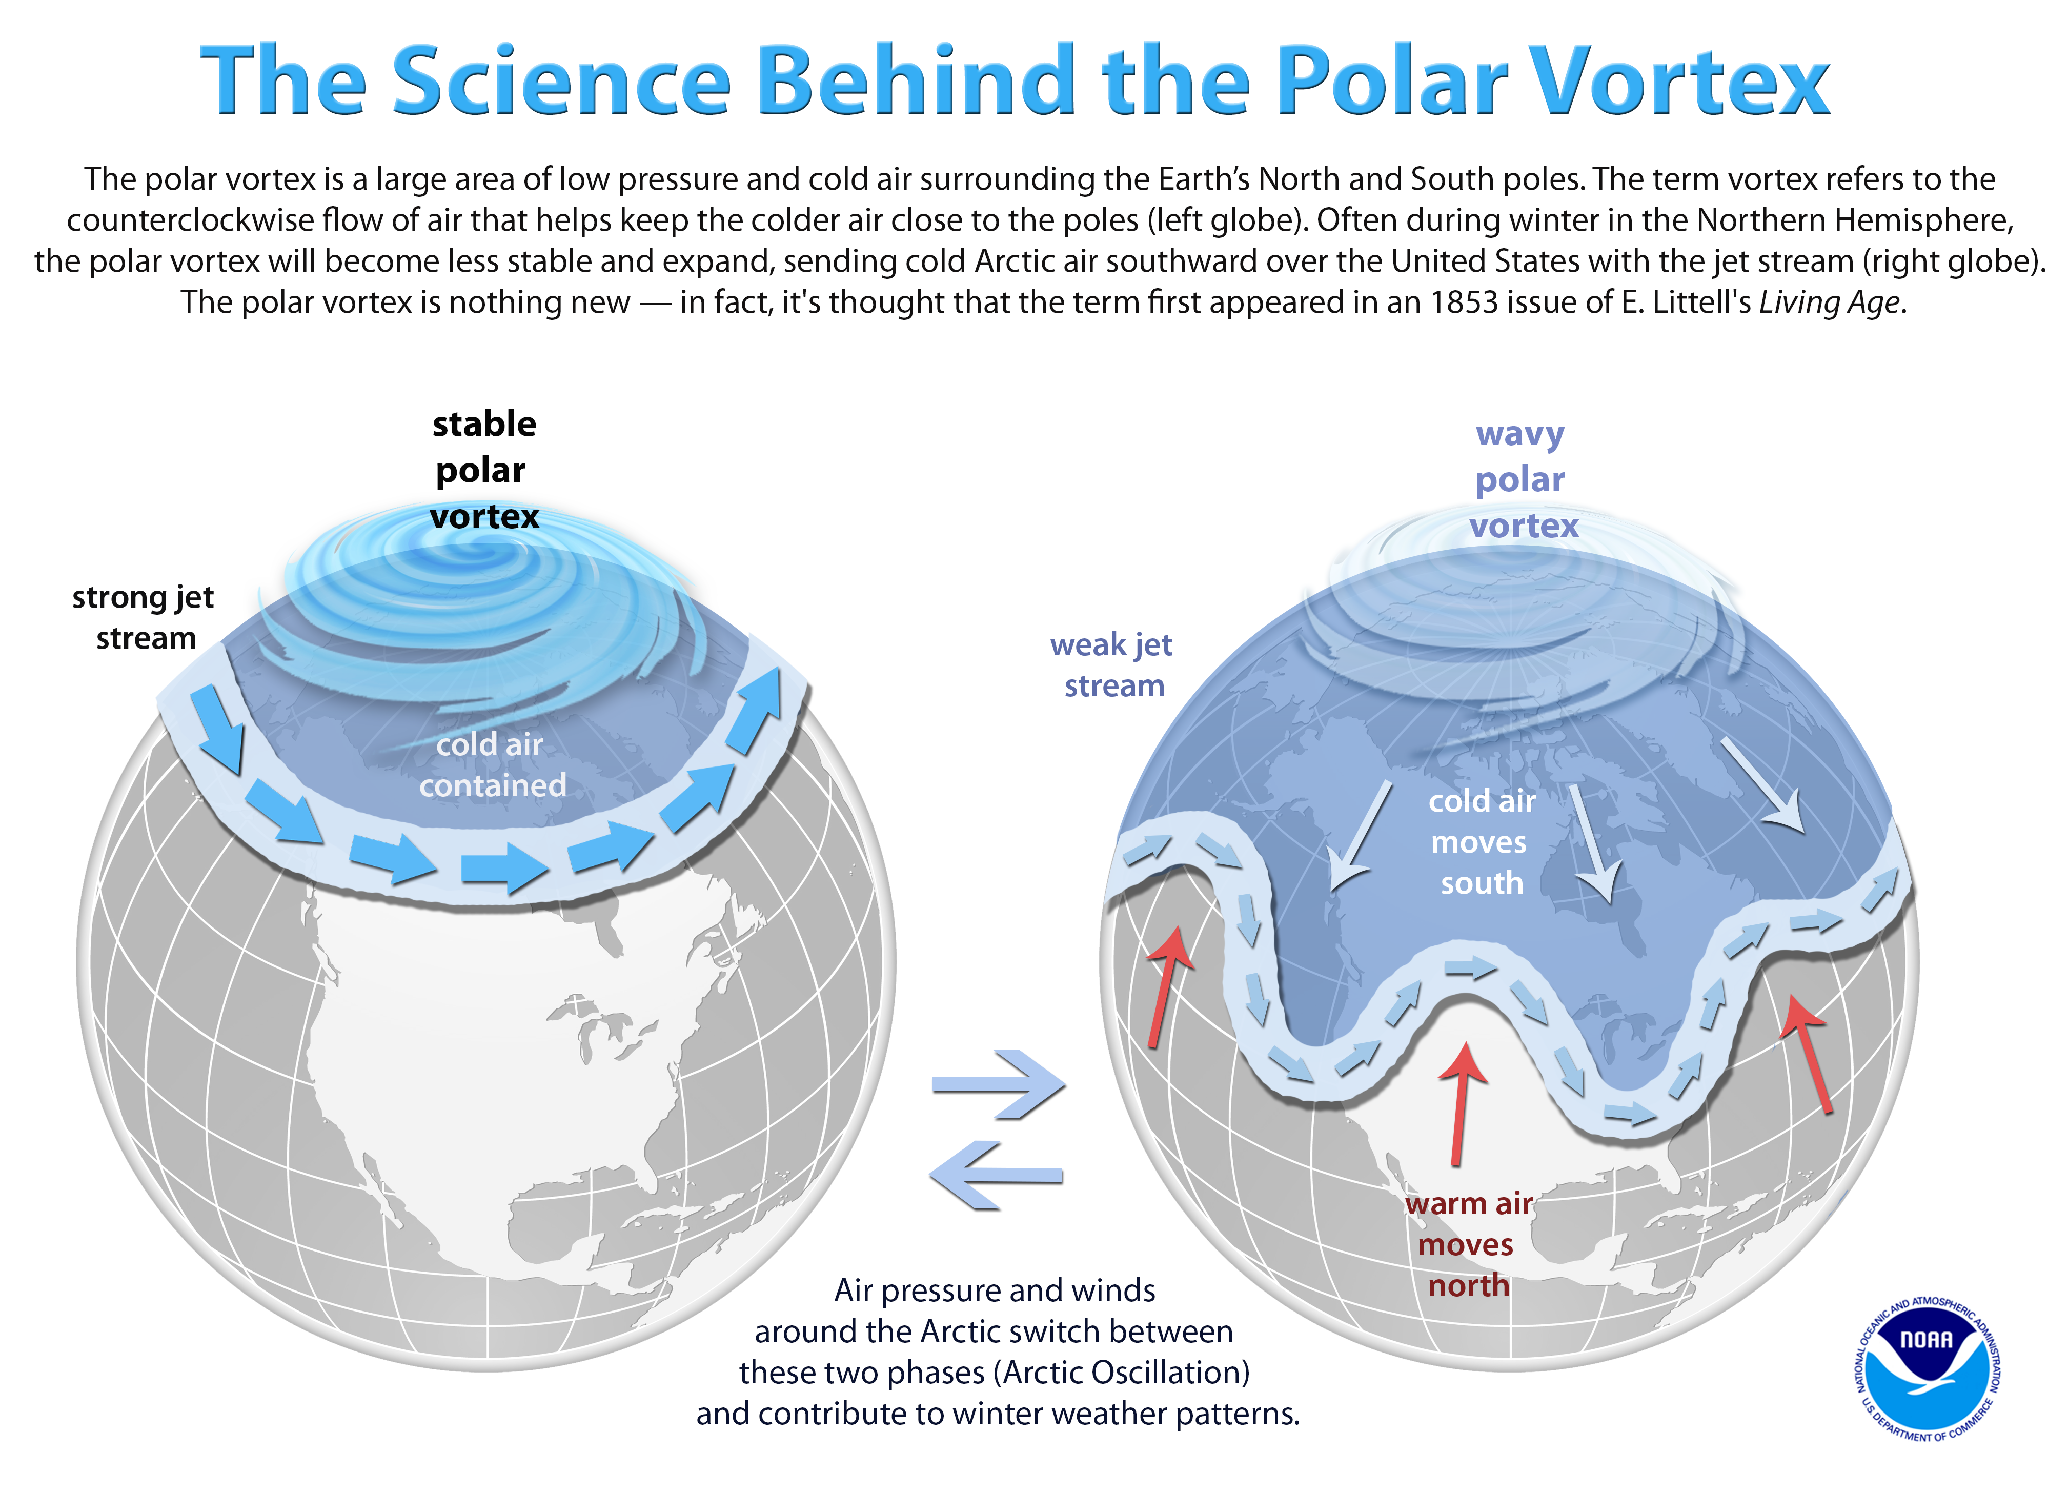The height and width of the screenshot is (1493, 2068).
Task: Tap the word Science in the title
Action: (x=561, y=82)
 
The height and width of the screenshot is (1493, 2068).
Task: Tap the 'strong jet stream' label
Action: (x=144, y=617)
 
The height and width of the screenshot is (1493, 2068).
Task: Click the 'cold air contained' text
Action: (x=492, y=765)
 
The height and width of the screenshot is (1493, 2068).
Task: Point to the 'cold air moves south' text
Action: (x=1481, y=842)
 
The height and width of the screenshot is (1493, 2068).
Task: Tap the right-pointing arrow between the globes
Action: (x=999, y=1084)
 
